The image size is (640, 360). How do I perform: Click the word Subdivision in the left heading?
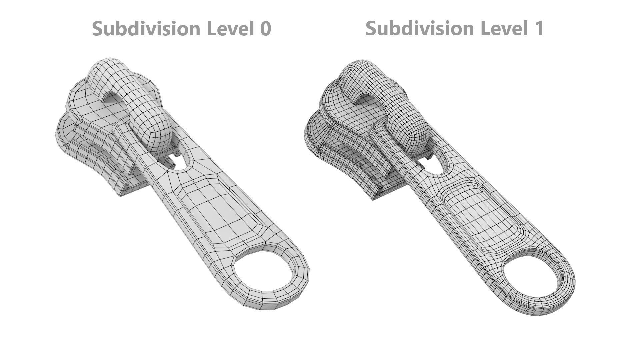click(x=147, y=28)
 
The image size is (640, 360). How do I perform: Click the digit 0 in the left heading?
click(x=265, y=28)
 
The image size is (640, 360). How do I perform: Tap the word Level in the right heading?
click(x=503, y=28)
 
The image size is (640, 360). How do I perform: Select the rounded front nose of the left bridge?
click(x=153, y=133)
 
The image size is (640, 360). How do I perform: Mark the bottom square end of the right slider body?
click(x=383, y=193)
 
